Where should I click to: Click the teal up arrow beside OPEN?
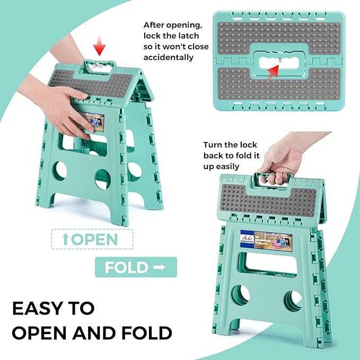(65, 239)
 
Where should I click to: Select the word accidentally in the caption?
(169, 57)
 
